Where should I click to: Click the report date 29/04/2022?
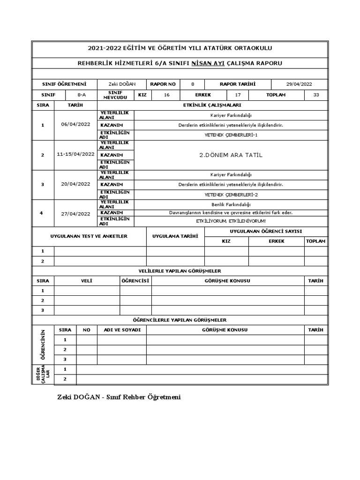tap(299, 84)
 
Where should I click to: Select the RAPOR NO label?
tap(163, 84)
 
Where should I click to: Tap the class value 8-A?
tap(82, 95)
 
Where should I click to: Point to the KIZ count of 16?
tap(166, 95)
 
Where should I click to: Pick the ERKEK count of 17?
tap(238, 95)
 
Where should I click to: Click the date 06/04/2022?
tap(75, 125)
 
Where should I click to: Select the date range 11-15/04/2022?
tap(75, 154)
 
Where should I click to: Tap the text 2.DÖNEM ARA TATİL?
tap(231, 155)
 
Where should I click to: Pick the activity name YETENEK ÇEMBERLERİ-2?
tap(231, 194)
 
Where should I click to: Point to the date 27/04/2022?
tap(75, 214)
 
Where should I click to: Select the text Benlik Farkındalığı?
tap(231, 204)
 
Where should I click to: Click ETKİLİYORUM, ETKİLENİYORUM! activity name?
tap(231, 221)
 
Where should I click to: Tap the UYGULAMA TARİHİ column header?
tap(175, 236)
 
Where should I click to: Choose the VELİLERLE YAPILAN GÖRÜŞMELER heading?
tap(180, 271)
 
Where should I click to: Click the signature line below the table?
tap(119, 397)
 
